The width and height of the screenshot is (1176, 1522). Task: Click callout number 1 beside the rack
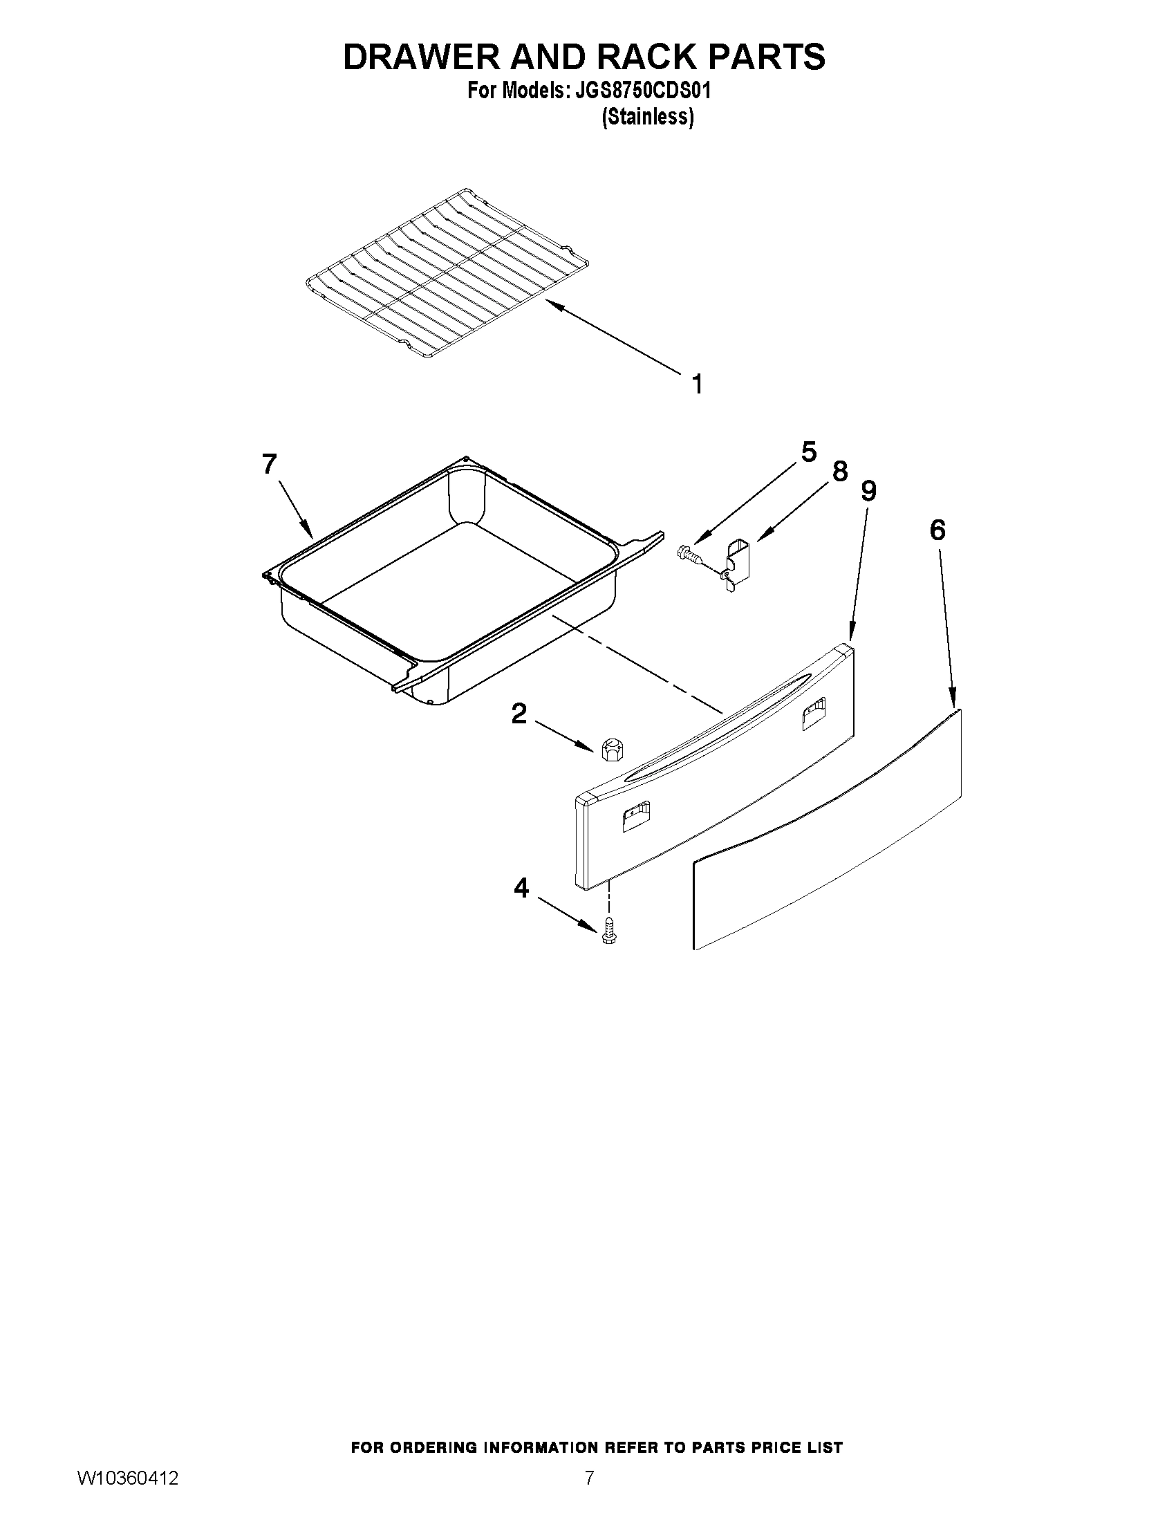coord(697,384)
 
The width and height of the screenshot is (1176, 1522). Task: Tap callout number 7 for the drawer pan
coord(270,464)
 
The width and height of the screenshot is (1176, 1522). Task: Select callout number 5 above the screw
coord(808,452)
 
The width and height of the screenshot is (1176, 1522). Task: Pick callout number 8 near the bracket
coord(840,472)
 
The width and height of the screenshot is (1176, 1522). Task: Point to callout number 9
coord(868,491)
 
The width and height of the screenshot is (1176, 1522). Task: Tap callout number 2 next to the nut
coord(519,714)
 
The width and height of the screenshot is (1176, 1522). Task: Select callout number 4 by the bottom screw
coord(521,888)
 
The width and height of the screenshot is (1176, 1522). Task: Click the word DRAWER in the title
coord(422,57)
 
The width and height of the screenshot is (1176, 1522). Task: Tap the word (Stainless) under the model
coord(647,117)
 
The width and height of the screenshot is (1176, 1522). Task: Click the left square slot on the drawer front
coord(635,816)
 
